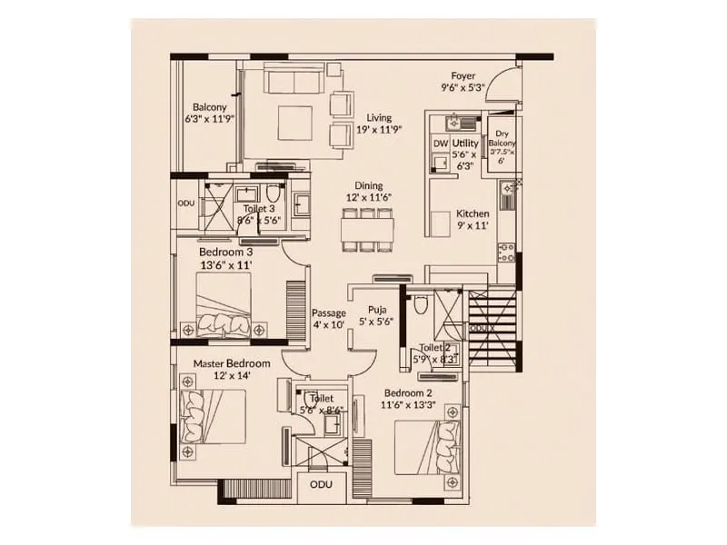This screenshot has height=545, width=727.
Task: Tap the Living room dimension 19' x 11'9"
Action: (x=384, y=129)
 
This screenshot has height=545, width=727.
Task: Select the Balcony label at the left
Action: (x=209, y=106)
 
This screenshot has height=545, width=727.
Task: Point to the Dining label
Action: (x=368, y=185)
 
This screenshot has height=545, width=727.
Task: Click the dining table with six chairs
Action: (x=369, y=229)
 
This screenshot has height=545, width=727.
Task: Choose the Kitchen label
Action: (x=473, y=213)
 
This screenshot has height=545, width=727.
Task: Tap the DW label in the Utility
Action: (x=440, y=144)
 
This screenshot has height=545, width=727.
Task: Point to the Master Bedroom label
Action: (x=232, y=363)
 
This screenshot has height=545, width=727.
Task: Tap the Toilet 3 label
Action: (x=259, y=209)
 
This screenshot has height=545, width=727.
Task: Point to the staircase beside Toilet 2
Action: (x=493, y=328)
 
